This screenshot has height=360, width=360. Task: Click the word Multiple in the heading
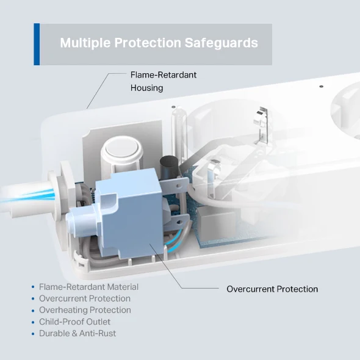coord(82,43)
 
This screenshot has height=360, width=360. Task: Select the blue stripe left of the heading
coord(37,44)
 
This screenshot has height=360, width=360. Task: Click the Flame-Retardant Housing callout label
coord(163,81)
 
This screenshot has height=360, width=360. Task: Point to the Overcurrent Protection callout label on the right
coord(272,289)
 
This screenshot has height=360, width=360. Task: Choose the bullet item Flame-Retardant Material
coord(88,287)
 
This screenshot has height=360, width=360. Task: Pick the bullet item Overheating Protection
coord(85,310)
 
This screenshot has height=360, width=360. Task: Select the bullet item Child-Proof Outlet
coord(74,322)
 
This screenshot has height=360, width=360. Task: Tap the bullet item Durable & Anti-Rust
coord(77,333)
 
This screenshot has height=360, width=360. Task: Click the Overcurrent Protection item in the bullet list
coord(84,298)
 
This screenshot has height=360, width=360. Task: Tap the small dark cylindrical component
coord(166,167)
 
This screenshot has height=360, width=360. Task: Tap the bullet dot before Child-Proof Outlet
coord(33,322)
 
